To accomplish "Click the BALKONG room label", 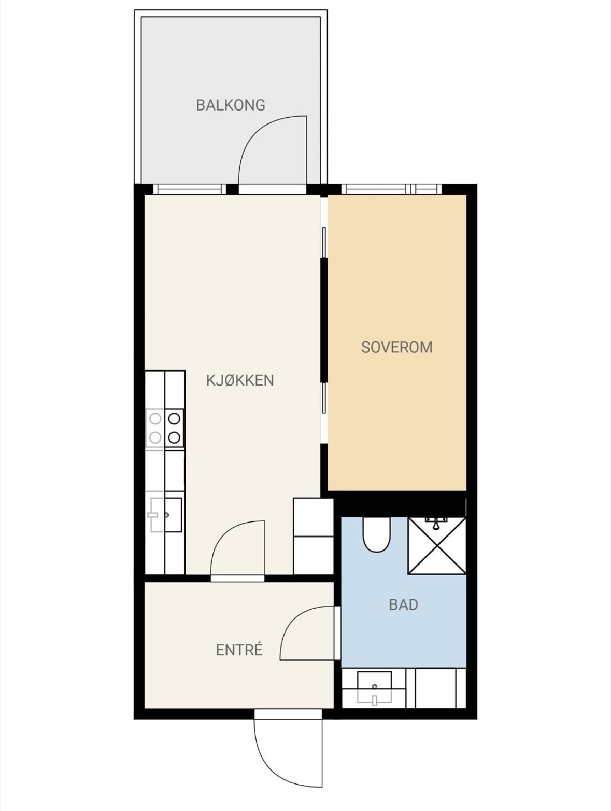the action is [x=231, y=105].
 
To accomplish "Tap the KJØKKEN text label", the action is [x=240, y=380].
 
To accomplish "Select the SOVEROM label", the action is [x=396, y=347].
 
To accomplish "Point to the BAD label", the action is [x=403, y=605].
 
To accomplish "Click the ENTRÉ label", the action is [x=239, y=650].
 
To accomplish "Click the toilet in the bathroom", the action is [x=376, y=534].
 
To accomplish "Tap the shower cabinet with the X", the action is [x=437, y=546].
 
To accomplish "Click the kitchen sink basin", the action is [x=166, y=515].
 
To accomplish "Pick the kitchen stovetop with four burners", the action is [x=165, y=428].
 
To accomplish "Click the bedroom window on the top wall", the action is [x=391, y=189].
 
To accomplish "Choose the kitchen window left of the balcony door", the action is [x=189, y=189].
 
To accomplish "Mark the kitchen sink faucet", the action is [x=153, y=514].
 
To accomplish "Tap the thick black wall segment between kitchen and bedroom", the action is [x=324, y=320].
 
